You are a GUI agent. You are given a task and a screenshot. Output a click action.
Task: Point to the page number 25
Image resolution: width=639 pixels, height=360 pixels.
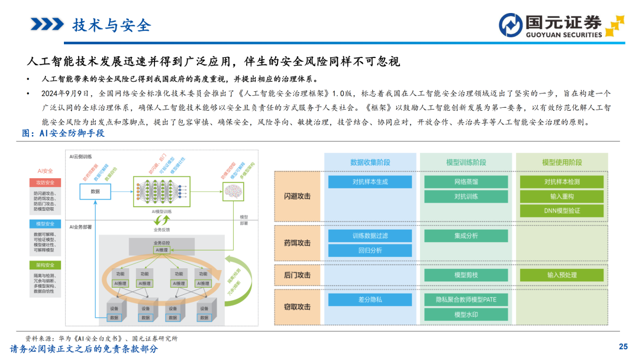pyautogui.click(x=622, y=346)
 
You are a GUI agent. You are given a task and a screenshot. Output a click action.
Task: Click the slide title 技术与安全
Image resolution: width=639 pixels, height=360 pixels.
pyautogui.click(x=111, y=25)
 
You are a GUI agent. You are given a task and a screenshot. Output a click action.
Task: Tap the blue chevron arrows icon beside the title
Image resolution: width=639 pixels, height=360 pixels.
pyautogui.click(x=47, y=24)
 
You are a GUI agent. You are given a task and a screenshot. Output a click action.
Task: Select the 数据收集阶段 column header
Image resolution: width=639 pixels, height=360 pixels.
pyautogui.click(x=370, y=162)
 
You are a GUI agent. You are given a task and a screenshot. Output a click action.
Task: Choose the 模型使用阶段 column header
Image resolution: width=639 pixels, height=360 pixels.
pyautogui.click(x=561, y=162)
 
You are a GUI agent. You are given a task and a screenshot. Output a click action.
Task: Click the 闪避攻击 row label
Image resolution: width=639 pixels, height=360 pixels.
pyautogui.click(x=297, y=196)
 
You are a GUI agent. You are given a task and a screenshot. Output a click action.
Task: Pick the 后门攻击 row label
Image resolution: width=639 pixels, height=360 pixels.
pyautogui.click(x=297, y=275)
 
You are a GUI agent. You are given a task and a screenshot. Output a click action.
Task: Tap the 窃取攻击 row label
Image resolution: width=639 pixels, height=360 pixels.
pyautogui.click(x=297, y=307)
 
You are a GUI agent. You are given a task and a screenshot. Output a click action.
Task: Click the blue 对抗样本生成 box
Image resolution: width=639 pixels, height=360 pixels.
pyautogui.click(x=370, y=182)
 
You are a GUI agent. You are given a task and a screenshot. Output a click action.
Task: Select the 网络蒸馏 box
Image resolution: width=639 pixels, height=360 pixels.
pyautogui.click(x=466, y=182)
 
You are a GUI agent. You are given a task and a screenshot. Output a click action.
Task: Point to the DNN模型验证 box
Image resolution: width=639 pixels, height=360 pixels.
pyautogui.click(x=561, y=211)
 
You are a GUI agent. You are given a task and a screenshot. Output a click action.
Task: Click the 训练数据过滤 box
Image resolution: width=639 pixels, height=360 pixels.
pyautogui.click(x=370, y=236)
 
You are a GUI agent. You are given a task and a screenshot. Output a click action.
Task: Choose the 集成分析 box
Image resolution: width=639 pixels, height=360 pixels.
pyautogui.click(x=466, y=236)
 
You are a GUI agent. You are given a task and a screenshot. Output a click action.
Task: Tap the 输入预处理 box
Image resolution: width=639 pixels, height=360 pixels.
pyautogui.click(x=561, y=275)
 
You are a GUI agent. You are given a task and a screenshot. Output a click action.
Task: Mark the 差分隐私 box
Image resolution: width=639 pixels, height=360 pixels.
pyautogui.click(x=370, y=300)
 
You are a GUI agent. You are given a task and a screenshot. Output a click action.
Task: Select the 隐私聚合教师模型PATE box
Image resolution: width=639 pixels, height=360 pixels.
pyautogui.click(x=466, y=300)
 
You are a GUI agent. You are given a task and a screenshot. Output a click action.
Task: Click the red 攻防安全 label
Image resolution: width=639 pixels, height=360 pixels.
pyautogui.click(x=46, y=182)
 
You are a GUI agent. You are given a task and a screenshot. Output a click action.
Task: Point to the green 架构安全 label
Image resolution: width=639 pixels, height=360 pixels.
pyautogui.click(x=46, y=265)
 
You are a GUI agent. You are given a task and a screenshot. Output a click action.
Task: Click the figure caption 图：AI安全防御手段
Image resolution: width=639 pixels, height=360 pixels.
pyautogui.click(x=63, y=133)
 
